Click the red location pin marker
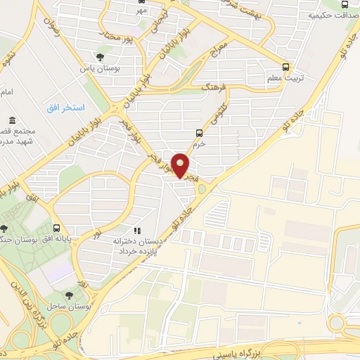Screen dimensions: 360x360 coord(181,165)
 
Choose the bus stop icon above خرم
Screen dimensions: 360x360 coord(199,132)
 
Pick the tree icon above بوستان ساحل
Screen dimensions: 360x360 coord(68,296)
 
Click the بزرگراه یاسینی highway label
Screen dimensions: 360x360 coord(285,347)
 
